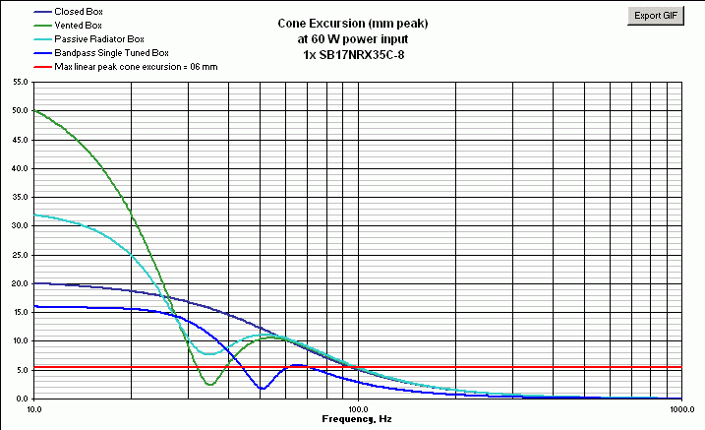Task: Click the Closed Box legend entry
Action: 78,12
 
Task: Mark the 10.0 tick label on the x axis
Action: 34,408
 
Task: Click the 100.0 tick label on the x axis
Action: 357,408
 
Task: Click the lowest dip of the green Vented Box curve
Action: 209,384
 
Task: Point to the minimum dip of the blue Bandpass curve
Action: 262,389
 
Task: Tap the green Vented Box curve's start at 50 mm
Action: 34,111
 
